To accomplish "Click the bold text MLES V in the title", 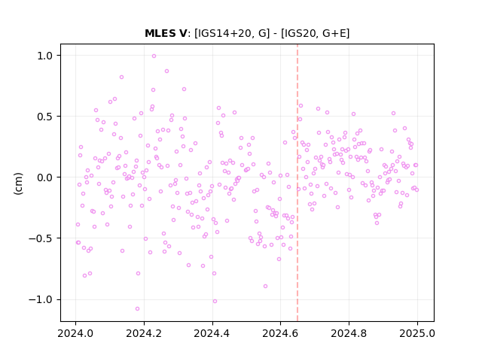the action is tap(166, 33).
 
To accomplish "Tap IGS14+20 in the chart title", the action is tap(223, 33).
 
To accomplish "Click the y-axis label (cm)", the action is tap(18, 184).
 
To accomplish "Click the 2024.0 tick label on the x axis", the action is tap(75, 333).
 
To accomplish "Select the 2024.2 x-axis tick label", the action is tap(144, 333).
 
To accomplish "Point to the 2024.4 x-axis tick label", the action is tap(212, 333).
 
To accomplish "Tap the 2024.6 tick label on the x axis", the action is tap(280, 333).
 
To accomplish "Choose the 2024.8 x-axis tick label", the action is tap(349, 333).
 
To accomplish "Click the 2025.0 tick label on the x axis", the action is tap(417, 333).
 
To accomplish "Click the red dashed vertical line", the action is tap(297, 183).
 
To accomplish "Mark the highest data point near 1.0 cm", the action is tap(154, 56).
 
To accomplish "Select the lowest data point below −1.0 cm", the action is tap(137, 308).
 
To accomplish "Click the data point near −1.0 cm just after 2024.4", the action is tap(215, 301).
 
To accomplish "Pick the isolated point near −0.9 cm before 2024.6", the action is tap(265, 286).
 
